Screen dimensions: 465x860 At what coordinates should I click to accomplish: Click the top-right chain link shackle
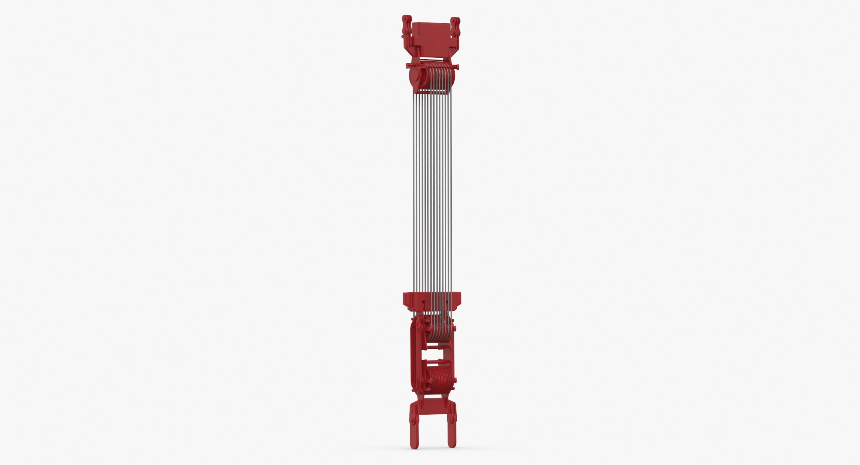click(455, 27)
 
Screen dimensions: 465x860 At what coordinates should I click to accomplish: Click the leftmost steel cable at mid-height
click(413, 194)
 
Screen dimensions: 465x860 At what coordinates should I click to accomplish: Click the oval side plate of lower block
click(417, 355)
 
